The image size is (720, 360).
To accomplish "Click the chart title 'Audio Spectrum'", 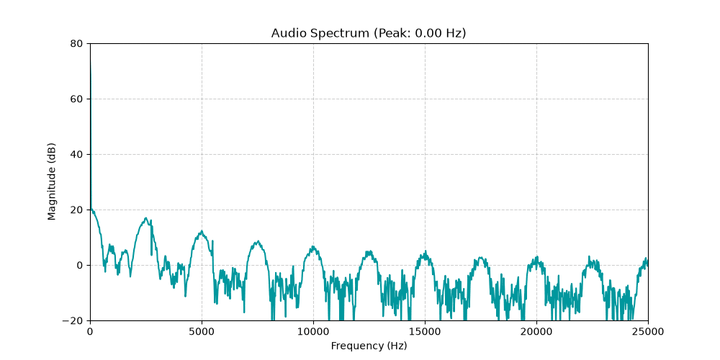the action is click(320, 33).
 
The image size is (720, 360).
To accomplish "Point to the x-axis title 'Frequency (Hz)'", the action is click(369, 346).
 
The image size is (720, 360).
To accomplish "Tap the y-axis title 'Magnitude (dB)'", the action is click(52, 182).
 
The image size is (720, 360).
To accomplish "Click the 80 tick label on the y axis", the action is click(77, 44).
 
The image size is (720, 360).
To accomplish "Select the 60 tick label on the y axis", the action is click(77, 99).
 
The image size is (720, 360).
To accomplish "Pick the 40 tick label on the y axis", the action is click(77, 155).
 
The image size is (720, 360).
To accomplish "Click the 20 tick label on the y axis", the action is click(77, 210).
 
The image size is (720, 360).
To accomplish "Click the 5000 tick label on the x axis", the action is click(202, 331).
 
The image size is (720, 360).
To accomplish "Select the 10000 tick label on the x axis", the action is click(314, 331).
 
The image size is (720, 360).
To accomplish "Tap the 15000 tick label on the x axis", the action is click(426, 331).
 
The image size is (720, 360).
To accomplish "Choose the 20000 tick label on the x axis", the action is click(537, 331).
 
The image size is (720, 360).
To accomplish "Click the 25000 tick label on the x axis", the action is click(649, 331).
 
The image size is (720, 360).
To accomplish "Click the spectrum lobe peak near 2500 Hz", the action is click(146, 218).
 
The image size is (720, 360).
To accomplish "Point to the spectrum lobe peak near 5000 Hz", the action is click(202, 231).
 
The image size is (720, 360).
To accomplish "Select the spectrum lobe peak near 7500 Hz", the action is click(258, 241).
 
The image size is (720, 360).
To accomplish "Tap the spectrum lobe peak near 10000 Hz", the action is click(313, 246).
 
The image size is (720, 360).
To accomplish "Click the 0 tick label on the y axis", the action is click(80, 266).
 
